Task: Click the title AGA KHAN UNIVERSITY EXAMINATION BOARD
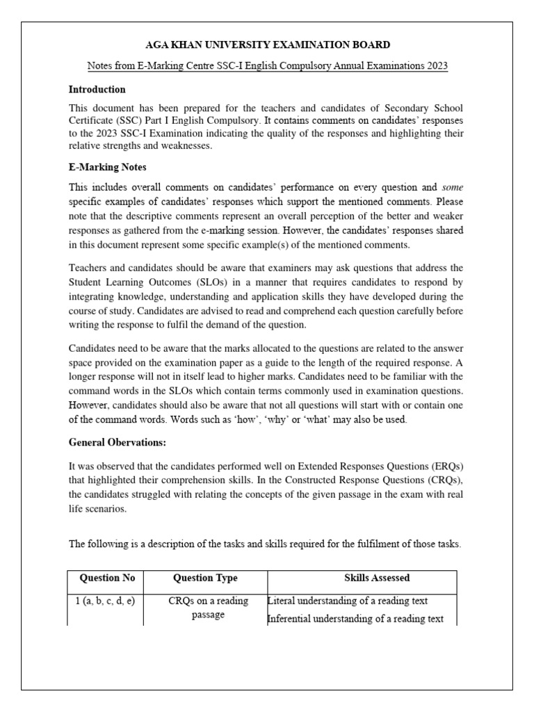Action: (x=268, y=45)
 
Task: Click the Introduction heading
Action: (x=97, y=90)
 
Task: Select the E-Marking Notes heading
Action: (x=107, y=167)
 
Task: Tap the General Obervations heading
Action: (x=118, y=442)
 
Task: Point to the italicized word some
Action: (x=453, y=187)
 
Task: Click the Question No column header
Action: (x=108, y=578)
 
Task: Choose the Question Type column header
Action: (x=205, y=578)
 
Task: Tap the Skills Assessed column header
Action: (x=377, y=578)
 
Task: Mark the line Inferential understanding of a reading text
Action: (x=355, y=619)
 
